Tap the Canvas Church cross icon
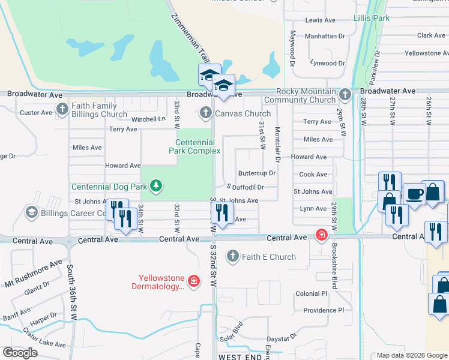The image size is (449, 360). point(205,113)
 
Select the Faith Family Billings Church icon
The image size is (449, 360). point(62,109)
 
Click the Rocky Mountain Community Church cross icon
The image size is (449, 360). point(345,95)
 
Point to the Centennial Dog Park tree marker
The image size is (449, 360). point(156,186)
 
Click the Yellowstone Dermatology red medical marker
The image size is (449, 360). point(193,281)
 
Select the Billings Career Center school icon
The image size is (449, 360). point(31,212)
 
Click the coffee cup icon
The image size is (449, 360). point(414,194)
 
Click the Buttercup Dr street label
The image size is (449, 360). point(256,173)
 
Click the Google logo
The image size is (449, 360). point(20,353)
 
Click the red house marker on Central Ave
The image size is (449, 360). point(322,235)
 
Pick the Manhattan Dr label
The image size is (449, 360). point(325,36)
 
